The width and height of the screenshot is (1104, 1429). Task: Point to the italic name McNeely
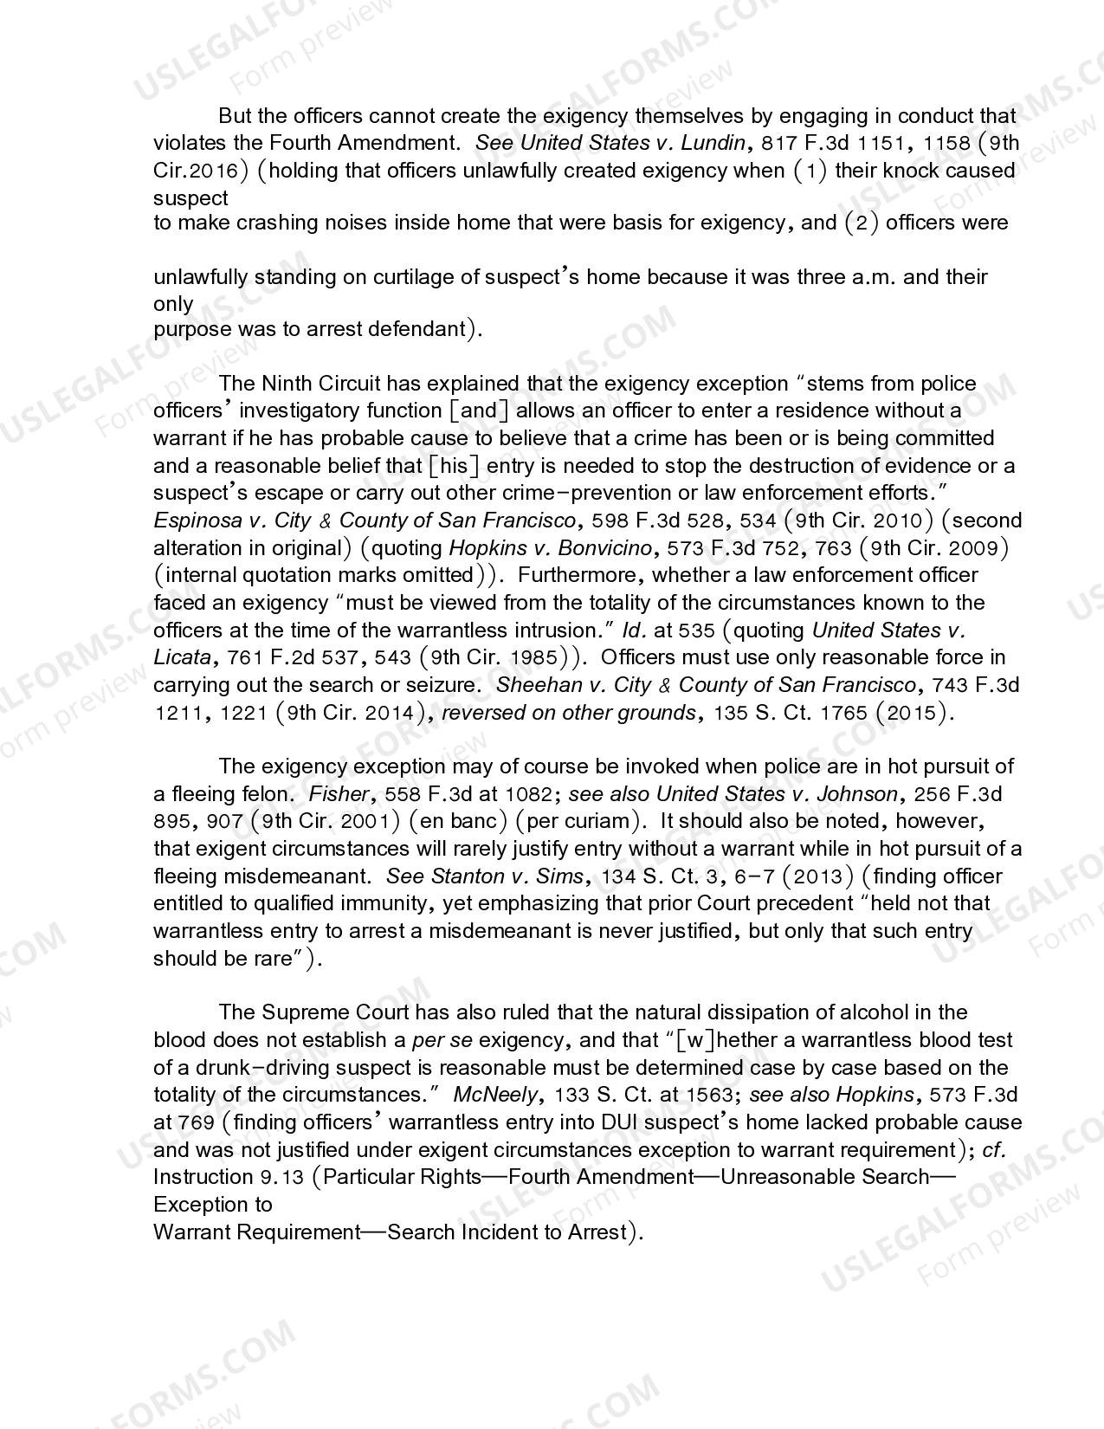(494, 1095)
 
